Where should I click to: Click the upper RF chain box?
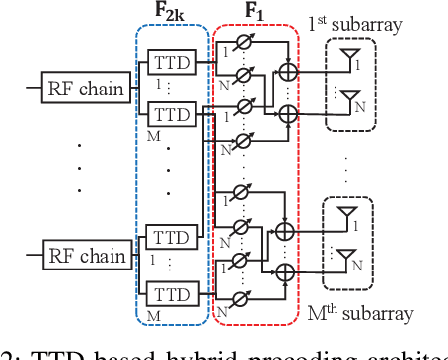coord(86,89)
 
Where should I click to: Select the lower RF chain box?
coord(86,256)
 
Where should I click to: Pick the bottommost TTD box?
coord(171,294)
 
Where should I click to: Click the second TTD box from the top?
coord(171,114)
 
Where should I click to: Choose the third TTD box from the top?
coord(171,240)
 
